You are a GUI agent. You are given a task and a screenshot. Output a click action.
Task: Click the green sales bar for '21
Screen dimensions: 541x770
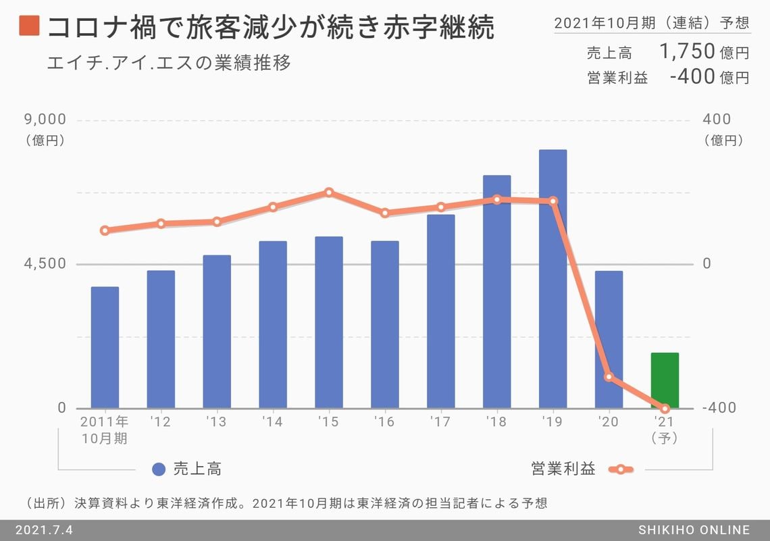[x=665, y=380]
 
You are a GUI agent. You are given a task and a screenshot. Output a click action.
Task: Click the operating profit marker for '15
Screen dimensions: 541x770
[x=329, y=192]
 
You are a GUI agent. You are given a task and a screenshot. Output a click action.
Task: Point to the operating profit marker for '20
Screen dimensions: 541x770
[x=609, y=376]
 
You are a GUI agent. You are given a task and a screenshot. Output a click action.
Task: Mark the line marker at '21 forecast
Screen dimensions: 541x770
[x=665, y=409]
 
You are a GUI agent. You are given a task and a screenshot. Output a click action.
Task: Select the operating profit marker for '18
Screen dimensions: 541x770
[x=496, y=199]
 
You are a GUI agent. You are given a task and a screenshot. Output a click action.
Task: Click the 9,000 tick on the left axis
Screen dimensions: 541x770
[x=45, y=120]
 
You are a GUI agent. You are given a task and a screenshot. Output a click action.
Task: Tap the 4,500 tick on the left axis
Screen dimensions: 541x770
[x=45, y=264]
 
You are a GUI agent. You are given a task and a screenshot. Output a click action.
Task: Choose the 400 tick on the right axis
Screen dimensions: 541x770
[x=717, y=120]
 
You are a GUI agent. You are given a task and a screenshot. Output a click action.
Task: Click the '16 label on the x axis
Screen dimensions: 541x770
[x=384, y=422]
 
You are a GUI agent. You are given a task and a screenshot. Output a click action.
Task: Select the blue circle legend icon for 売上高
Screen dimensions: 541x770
[x=159, y=469]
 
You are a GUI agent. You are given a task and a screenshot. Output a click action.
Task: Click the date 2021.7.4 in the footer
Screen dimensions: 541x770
[x=44, y=530]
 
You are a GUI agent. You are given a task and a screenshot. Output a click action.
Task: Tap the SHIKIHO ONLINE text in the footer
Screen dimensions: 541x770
[x=694, y=530]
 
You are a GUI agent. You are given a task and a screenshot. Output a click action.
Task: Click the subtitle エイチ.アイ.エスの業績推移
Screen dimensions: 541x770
[x=169, y=63]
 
